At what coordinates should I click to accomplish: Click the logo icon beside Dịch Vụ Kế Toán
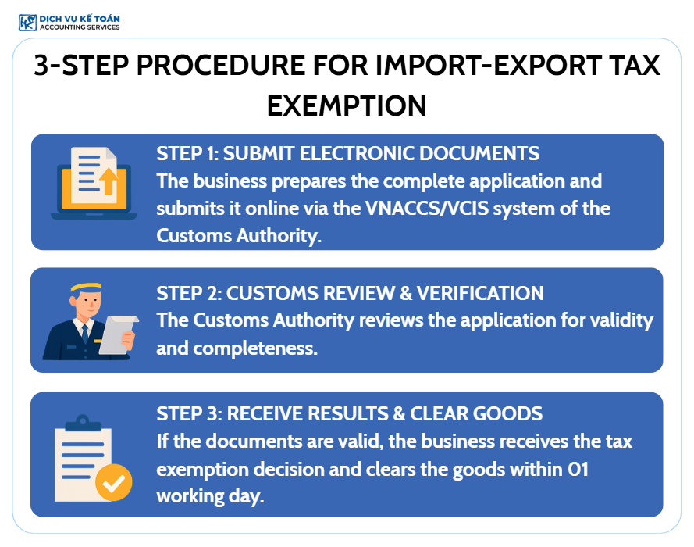pos(27,23)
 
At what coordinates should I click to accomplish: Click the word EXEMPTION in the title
pos(347,105)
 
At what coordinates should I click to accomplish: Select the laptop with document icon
pos(94,184)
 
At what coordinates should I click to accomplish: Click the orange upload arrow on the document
pos(108,181)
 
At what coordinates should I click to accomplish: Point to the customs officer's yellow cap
pos(86,287)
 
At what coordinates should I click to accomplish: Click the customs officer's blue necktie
pos(85,334)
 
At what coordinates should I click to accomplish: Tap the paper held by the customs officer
pos(117,334)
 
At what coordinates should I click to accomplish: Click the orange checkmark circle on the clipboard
pos(114,482)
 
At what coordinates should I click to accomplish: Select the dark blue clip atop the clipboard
pos(83,424)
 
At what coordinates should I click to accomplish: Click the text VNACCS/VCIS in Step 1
pos(427,208)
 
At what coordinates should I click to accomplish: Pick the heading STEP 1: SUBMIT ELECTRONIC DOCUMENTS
pos(348,154)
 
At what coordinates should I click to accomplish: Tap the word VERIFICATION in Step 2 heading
pos(480,293)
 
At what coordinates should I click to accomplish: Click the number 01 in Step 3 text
pos(578,469)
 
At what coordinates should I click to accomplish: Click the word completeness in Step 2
pos(255,349)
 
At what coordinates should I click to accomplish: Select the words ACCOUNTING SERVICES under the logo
pos(80,27)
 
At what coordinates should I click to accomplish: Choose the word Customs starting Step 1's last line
pos(194,236)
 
